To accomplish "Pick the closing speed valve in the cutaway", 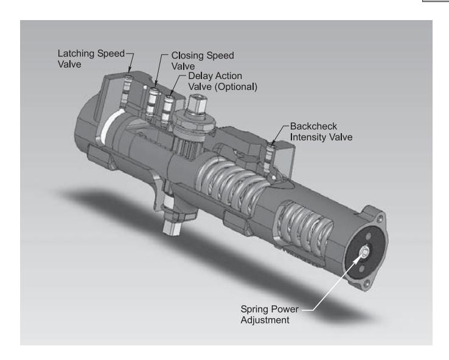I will point(155,97).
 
